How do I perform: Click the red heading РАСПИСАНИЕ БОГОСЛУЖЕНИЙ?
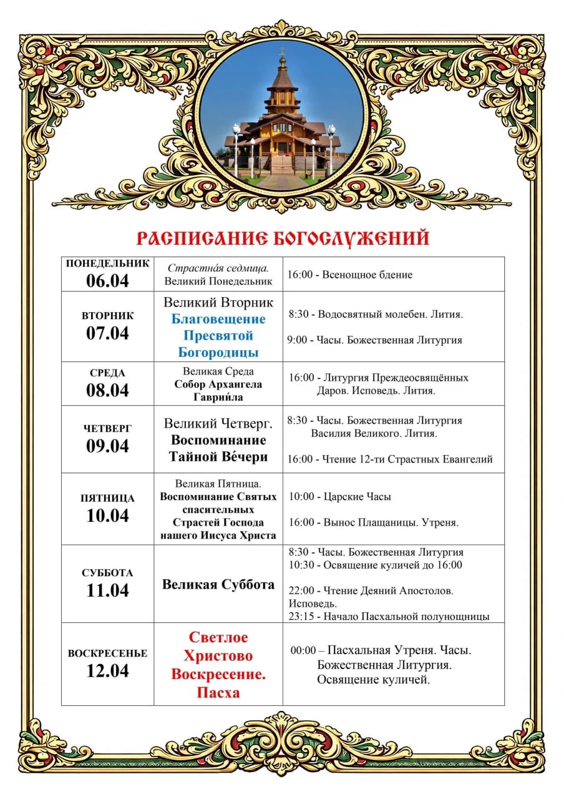point(283,238)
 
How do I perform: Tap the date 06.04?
point(107,280)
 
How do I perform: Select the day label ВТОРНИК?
point(107,316)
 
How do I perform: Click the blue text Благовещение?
point(218,319)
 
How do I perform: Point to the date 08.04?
point(107,390)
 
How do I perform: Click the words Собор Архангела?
point(218,385)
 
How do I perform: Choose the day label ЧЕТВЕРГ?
point(107,429)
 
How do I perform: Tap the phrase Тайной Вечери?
point(218,457)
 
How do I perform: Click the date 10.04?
point(107,516)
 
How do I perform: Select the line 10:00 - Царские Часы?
point(340,497)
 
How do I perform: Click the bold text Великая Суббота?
point(218,585)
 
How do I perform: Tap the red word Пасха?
point(218,692)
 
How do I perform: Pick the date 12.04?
point(107,671)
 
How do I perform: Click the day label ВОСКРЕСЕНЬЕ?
point(107,654)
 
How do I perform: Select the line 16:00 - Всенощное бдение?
point(350,275)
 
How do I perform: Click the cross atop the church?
point(282,51)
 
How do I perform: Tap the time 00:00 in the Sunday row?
point(303,650)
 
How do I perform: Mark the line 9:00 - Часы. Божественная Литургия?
point(374,340)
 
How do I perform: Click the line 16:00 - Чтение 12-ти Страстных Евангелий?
point(390,459)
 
